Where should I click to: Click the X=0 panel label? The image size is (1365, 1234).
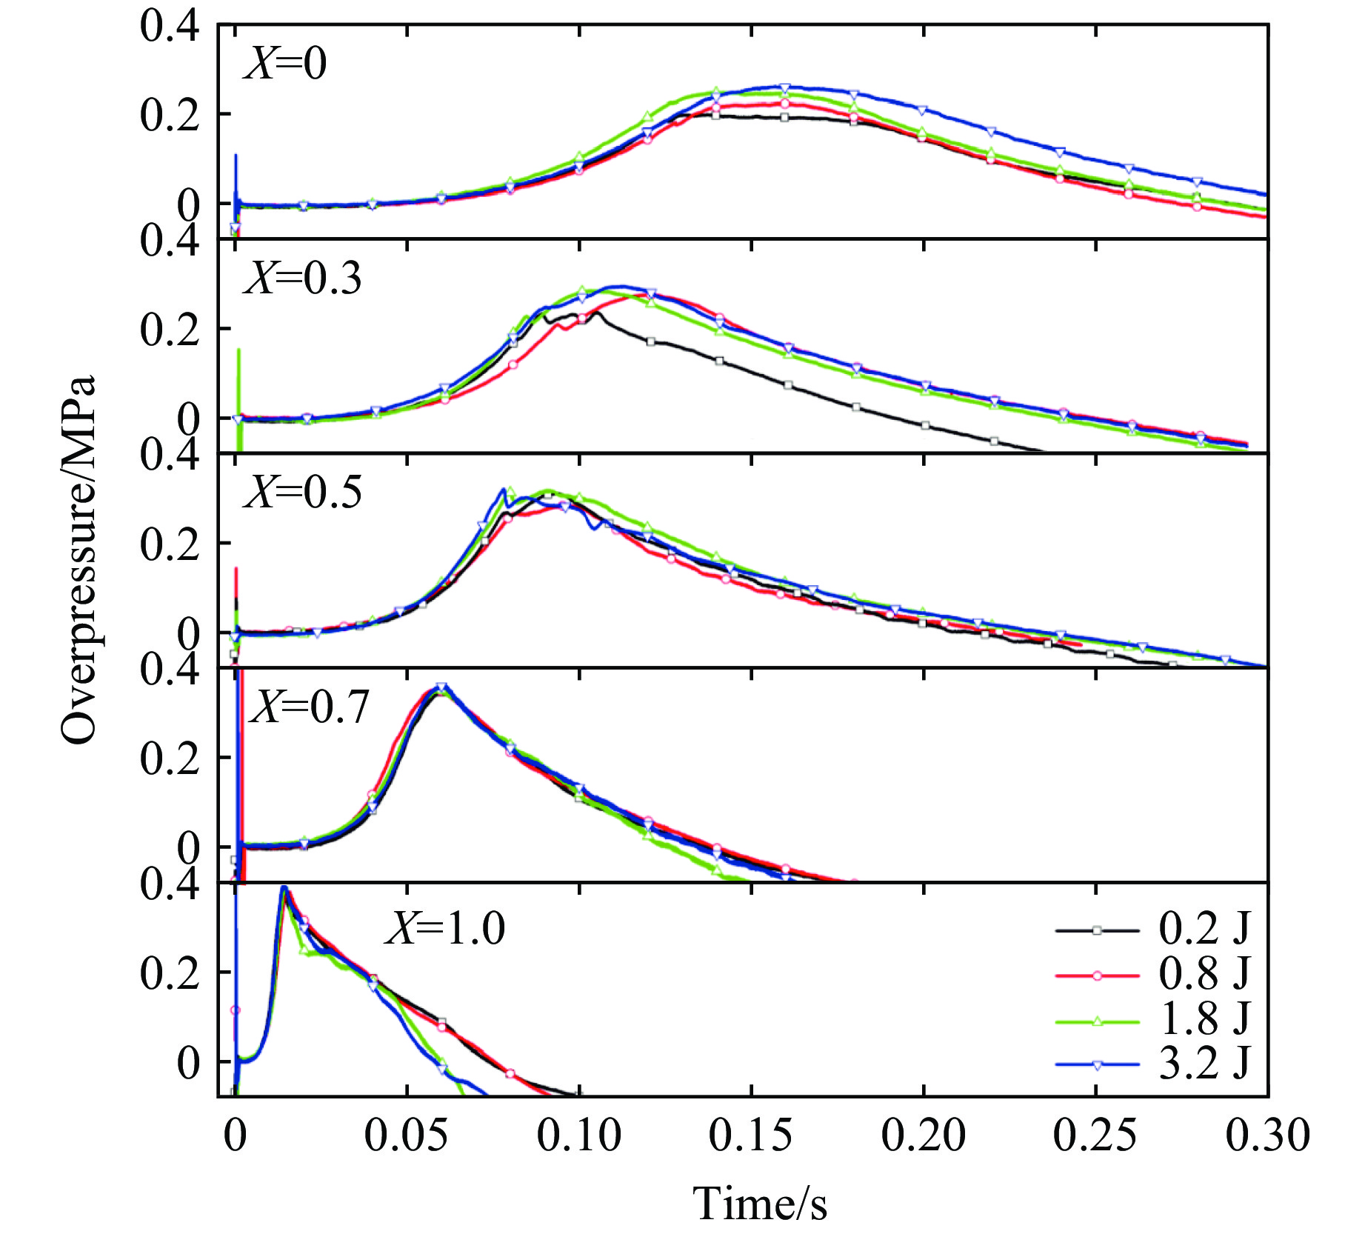click(x=285, y=63)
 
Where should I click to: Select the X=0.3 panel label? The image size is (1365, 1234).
click(x=303, y=279)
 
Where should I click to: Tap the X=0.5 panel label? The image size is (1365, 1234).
click(x=303, y=492)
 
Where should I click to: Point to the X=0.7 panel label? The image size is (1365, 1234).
click(x=310, y=707)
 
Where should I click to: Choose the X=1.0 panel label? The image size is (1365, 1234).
click(x=445, y=927)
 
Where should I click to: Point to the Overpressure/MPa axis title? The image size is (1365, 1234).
click(x=79, y=559)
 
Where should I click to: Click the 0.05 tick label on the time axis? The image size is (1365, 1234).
click(x=406, y=1135)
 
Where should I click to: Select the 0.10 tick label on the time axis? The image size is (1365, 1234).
click(x=578, y=1135)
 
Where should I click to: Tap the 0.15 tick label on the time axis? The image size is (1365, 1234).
click(x=750, y=1135)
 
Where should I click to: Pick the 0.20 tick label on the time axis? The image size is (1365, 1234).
click(x=923, y=1135)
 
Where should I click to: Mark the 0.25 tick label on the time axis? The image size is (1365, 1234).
click(x=1095, y=1135)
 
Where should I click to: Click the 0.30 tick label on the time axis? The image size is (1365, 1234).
click(x=1267, y=1135)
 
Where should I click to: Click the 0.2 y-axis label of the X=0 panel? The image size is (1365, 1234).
click(x=170, y=116)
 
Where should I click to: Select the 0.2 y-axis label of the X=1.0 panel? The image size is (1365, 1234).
click(x=170, y=973)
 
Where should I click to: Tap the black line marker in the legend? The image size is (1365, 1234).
click(x=1097, y=930)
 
